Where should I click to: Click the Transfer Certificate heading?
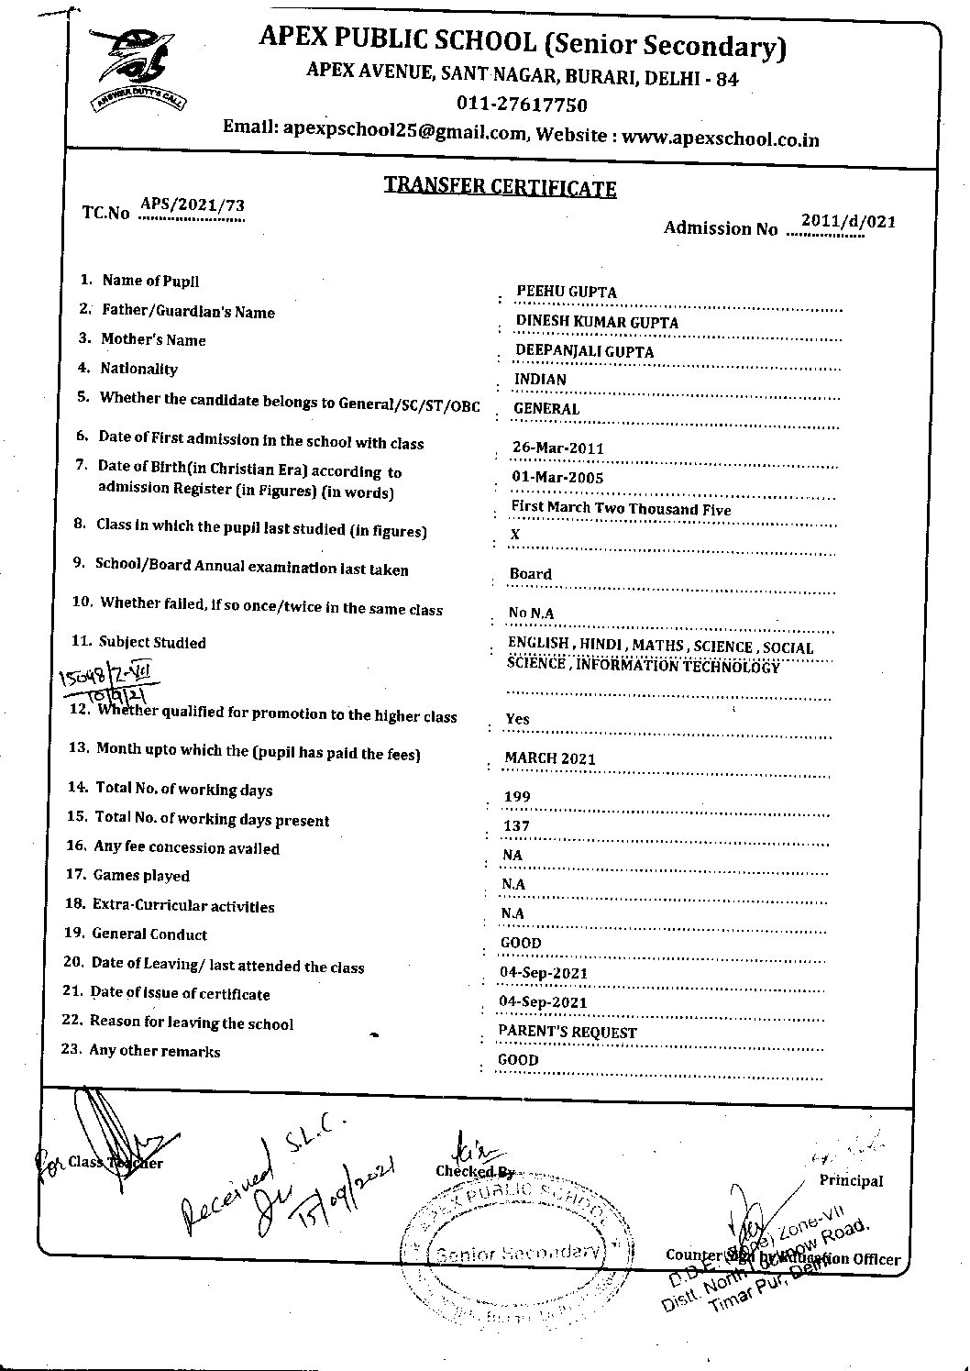(x=500, y=187)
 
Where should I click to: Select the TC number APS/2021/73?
(x=192, y=205)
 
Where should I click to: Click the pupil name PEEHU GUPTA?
(x=567, y=292)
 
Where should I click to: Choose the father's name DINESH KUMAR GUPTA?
(x=597, y=322)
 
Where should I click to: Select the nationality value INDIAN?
(x=540, y=380)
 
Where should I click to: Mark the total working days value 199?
(x=517, y=797)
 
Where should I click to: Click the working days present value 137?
(x=516, y=826)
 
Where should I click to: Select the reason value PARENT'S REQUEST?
(x=567, y=1032)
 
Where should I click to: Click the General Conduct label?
(x=149, y=934)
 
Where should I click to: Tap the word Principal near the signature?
(x=852, y=1180)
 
